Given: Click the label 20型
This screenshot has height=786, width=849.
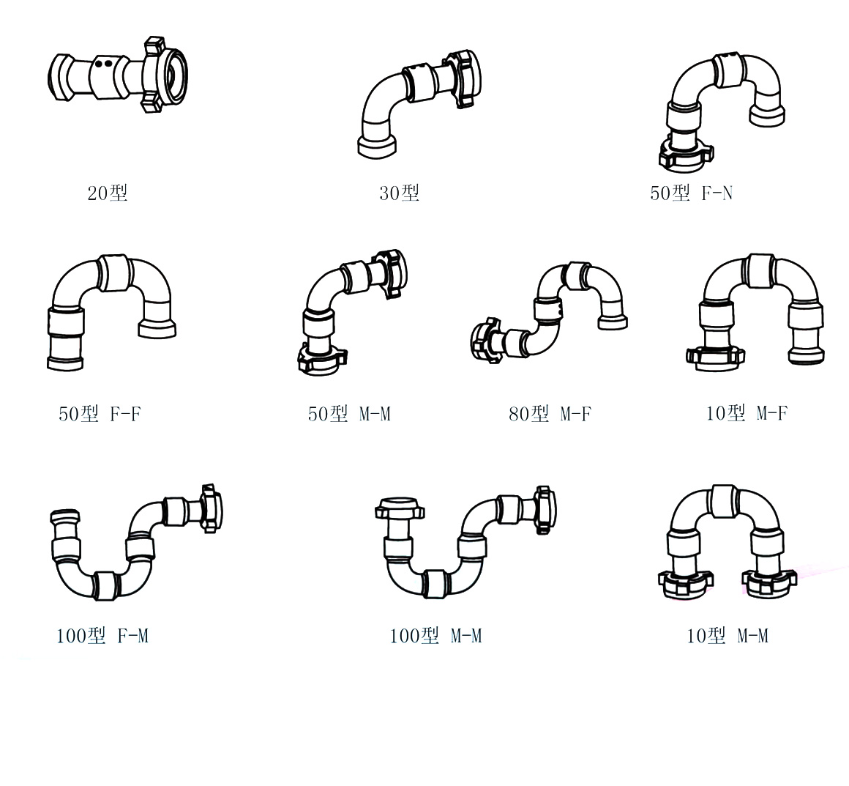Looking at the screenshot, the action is [107, 193].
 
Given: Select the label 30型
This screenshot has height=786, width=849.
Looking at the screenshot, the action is [399, 193].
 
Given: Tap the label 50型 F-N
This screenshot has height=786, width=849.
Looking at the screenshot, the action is [692, 193].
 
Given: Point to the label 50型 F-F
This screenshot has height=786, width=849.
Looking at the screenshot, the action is [100, 414].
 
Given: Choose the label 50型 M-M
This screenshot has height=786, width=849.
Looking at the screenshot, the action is [349, 414].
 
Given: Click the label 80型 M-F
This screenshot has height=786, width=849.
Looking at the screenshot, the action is [550, 414].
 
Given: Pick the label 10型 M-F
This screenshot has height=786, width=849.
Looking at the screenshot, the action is [747, 413].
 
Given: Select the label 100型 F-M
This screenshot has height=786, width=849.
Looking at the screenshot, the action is [102, 635].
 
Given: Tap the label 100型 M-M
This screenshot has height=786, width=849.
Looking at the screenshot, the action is [436, 635].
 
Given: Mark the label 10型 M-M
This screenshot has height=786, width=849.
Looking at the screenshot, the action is [728, 635].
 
